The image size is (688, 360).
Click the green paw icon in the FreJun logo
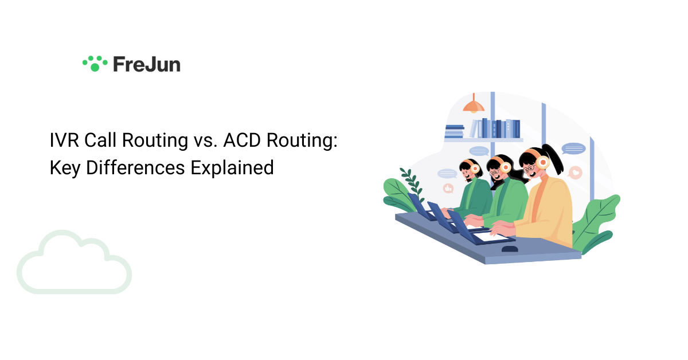click(x=95, y=63)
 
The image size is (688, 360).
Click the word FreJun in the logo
click(x=146, y=64)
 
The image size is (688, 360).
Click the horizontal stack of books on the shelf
click(x=454, y=132)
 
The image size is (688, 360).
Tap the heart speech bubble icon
click(x=575, y=172)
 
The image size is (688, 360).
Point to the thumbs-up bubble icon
click(x=448, y=188)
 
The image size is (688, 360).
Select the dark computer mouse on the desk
click(x=510, y=249)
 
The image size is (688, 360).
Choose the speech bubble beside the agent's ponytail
click(x=573, y=149)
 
